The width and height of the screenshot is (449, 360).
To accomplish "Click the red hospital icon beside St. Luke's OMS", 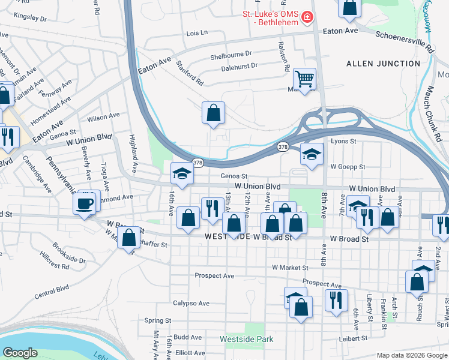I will pos(307,17).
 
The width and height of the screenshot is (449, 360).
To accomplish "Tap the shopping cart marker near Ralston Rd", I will pos(305,79).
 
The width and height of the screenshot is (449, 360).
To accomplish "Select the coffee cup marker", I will pos(85,203).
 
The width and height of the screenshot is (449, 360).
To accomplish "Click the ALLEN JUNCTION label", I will pos(383,64).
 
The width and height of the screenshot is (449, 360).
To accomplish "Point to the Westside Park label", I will pos(247,340).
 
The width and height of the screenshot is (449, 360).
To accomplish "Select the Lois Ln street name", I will pos(196,32).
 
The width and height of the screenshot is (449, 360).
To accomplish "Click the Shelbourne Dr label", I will pos(231,57).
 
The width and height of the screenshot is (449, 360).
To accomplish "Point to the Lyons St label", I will pos(344,142).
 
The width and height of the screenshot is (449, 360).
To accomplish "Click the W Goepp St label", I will pos(347,167).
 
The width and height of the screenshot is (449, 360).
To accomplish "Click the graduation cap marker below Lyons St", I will pos(312,155).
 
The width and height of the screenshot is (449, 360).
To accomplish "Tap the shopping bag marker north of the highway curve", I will pos(213,113).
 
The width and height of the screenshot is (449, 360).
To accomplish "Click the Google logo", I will pos(20,352).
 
